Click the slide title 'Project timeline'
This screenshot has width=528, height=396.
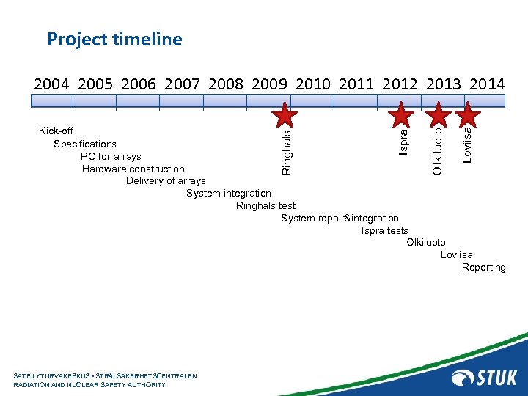(114, 39)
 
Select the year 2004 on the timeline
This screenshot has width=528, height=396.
(52, 84)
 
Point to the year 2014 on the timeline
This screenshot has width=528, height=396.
(487, 84)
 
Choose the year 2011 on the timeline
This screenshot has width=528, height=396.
(357, 84)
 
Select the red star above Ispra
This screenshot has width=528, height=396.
(402, 116)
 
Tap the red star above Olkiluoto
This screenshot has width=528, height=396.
(439, 116)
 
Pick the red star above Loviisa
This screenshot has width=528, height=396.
(467, 116)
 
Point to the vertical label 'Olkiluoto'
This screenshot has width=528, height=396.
(438, 150)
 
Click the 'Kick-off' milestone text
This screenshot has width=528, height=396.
(56, 131)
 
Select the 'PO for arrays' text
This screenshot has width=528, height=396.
(111, 156)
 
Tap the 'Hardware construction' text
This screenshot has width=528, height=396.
(133, 169)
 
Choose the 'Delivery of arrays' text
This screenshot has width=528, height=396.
(166, 180)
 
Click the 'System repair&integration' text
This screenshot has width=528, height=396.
(340, 218)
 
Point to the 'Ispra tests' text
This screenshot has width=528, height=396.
(384, 230)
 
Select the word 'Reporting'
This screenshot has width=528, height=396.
(483, 268)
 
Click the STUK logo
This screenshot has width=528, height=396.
(485, 378)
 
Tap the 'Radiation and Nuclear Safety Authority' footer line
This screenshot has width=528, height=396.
(89, 384)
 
